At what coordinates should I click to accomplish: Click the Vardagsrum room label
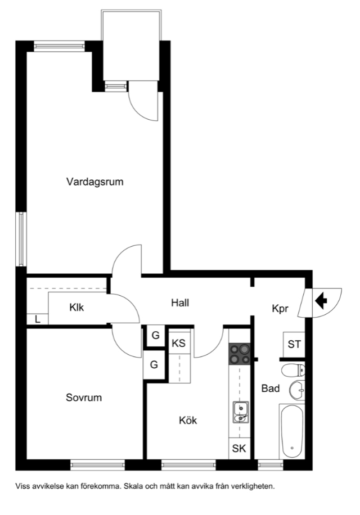95,182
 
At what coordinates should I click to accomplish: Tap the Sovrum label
84,397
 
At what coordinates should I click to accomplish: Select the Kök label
188,420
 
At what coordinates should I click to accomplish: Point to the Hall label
180,302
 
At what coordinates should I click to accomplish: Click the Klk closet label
76,308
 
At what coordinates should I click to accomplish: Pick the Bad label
271,388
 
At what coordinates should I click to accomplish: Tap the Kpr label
280,309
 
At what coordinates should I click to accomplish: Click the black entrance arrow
321,301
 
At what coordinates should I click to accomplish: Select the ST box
294,345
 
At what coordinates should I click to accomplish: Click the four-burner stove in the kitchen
240,354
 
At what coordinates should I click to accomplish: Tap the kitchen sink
240,412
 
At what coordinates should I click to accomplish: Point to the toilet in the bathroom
293,370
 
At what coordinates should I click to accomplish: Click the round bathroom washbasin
297,391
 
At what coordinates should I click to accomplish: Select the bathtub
292,432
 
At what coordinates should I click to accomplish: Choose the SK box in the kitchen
239,448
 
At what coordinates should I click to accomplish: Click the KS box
179,343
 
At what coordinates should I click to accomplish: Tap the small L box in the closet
38,319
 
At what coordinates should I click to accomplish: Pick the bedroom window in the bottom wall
97,465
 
